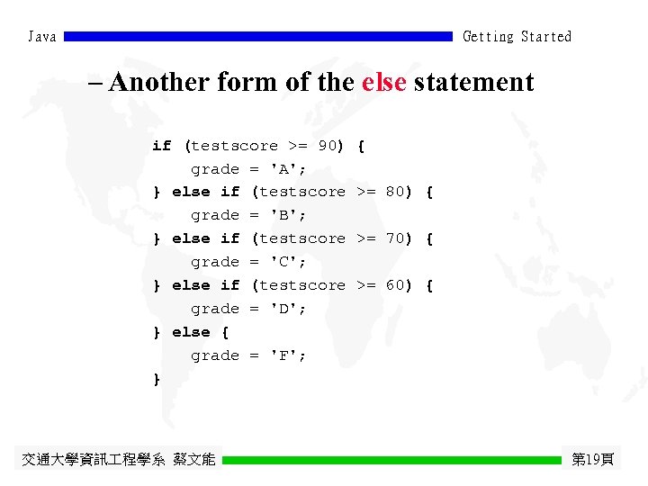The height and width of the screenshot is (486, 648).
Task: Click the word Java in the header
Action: coord(42,37)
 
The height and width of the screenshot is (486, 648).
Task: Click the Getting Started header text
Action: coord(517,37)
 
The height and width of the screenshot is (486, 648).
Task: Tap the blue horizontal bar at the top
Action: coord(258,37)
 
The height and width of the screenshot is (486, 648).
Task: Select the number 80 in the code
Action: coord(395,192)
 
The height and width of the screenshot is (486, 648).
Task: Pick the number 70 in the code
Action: coord(395,238)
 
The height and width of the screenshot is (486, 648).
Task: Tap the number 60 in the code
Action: coord(395,285)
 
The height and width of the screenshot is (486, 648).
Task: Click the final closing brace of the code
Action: coord(157,379)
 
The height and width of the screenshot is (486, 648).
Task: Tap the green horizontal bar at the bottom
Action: coord(391,460)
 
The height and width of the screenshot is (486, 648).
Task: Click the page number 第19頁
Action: coord(593,460)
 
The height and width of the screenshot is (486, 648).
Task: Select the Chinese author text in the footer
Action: coord(118,460)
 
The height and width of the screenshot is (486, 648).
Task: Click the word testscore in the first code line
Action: coord(234,145)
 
